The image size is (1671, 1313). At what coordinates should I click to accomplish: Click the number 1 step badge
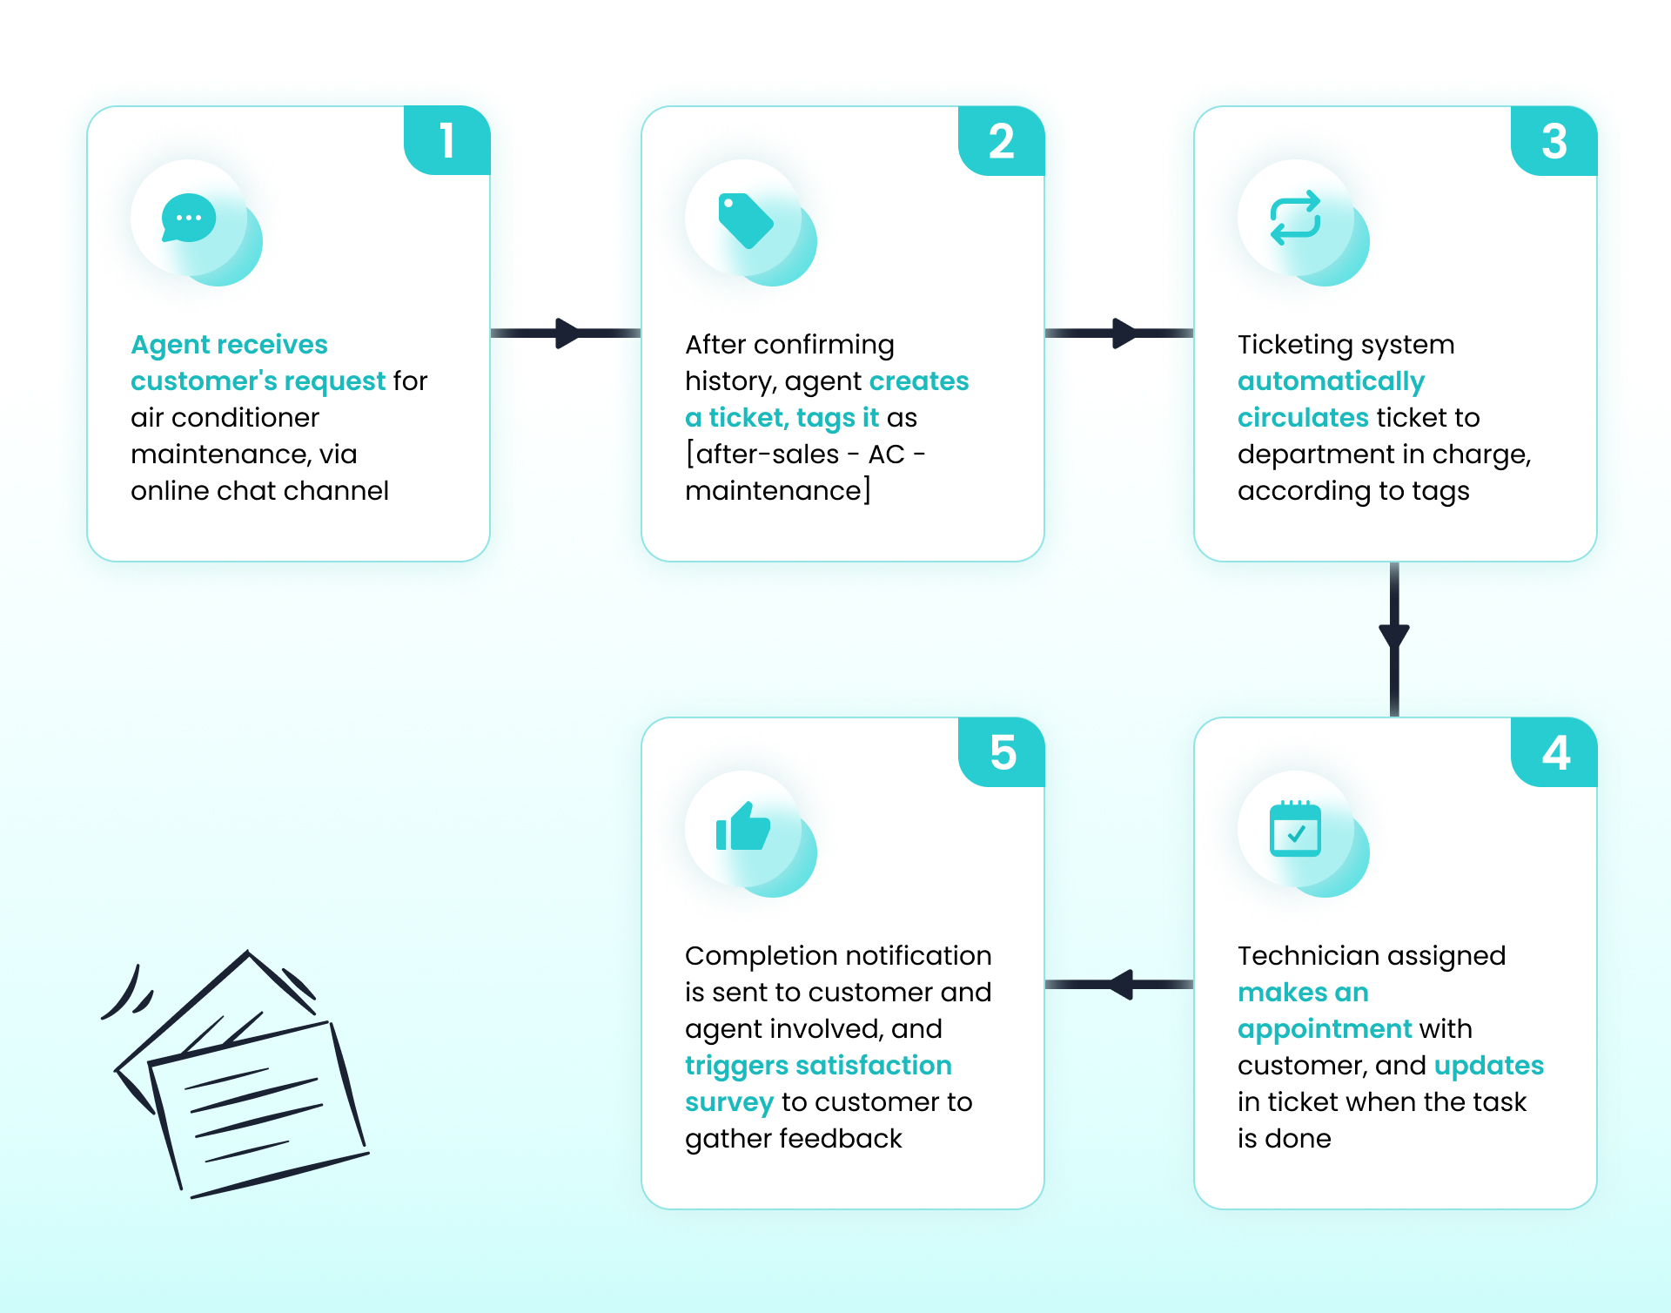447,140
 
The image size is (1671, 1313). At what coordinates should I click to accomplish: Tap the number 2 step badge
1002,140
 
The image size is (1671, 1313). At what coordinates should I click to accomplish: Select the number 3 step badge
1554,140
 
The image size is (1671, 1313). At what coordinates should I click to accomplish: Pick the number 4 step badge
1554,751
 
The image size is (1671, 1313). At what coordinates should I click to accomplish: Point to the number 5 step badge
1002,751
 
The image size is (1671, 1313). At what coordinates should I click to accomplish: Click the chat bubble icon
188,218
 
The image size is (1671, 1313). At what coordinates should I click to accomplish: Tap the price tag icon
745,220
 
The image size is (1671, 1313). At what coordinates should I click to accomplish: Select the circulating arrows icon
1295,218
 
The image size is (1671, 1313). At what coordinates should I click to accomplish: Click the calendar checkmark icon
1295,829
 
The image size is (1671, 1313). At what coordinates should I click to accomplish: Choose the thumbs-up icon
742,826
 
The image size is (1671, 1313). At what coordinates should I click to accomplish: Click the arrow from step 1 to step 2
566,333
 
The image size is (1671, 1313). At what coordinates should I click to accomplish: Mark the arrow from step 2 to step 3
1119,333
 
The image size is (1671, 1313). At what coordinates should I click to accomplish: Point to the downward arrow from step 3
1394,639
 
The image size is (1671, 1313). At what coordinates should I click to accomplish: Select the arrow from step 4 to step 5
1119,985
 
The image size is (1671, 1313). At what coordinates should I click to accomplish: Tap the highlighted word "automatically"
1331,381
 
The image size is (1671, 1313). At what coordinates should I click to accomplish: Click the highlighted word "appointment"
1325,1029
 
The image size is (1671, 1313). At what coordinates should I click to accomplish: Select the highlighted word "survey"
729,1102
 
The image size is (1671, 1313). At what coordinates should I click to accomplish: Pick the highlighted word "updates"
1488,1066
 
